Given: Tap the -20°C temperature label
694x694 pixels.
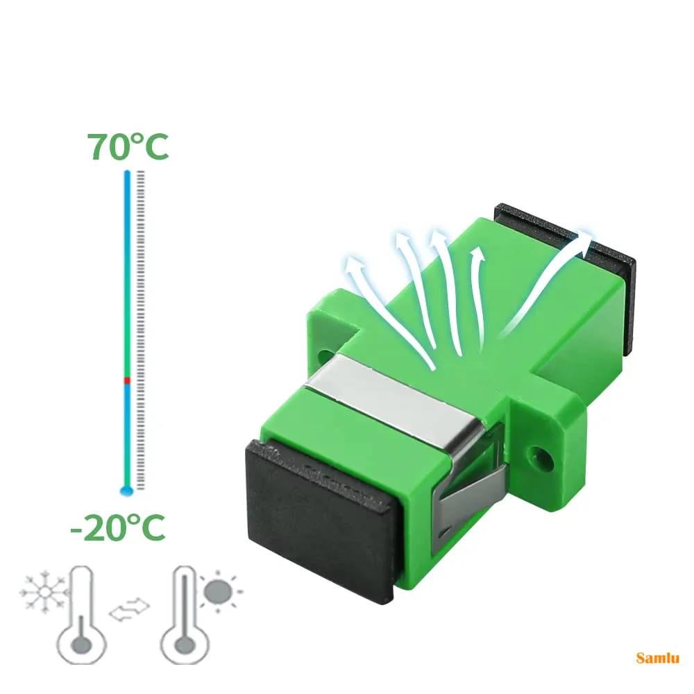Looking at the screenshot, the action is pyautogui.click(x=118, y=527).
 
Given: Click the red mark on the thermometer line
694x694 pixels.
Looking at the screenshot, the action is pyautogui.click(x=128, y=380).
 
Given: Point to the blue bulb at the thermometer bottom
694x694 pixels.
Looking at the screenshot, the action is pyautogui.click(x=126, y=491).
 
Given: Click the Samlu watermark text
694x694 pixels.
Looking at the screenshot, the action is pyautogui.click(x=658, y=658).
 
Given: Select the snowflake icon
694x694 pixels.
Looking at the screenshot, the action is pyautogui.click(x=44, y=592).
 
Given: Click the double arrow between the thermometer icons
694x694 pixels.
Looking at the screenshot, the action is pyautogui.click(x=129, y=609).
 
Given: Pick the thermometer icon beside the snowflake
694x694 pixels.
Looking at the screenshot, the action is pyautogui.click(x=81, y=615).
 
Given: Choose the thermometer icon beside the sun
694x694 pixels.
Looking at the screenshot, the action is pyautogui.click(x=184, y=615).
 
